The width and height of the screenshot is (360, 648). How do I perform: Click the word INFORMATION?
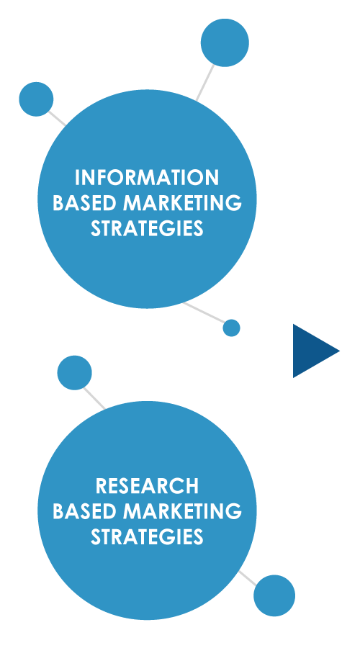click(147, 178)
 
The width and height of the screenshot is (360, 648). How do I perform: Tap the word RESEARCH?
click(147, 486)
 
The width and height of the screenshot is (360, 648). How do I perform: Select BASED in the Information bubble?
click(85, 203)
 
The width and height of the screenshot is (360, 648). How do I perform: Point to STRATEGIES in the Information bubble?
click(147, 228)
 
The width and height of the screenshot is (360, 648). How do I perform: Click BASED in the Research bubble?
click(85, 511)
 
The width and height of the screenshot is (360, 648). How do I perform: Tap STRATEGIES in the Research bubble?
click(147, 537)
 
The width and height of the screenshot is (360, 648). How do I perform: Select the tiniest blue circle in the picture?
click(231, 328)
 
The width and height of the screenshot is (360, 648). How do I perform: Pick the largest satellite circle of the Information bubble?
click(225, 42)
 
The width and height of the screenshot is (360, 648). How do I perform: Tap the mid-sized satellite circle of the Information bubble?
click(37, 99)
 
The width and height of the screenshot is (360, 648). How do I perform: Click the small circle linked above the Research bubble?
click(74, 373)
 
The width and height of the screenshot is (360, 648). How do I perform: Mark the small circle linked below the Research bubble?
click(274, 595)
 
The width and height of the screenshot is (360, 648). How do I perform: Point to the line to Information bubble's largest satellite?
click(205, 82)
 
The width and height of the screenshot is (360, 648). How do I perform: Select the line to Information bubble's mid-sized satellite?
click(58, 118)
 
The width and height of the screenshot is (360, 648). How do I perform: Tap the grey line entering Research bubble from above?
click(94, 398)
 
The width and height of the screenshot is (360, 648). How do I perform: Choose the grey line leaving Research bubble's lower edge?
click(248, 578)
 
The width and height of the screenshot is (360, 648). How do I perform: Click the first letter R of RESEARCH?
click(102, 486)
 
